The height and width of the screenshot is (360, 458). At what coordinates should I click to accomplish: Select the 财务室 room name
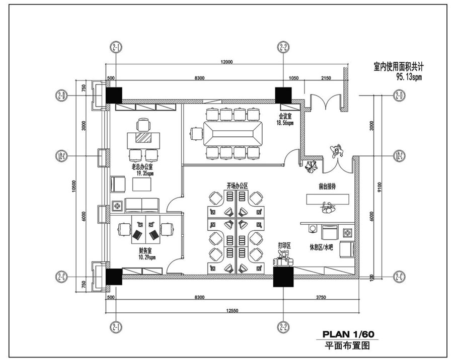146,250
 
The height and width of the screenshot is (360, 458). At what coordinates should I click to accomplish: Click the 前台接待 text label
327,187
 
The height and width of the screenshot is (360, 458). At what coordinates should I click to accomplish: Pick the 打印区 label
285,246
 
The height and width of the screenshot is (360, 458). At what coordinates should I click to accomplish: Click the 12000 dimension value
226,62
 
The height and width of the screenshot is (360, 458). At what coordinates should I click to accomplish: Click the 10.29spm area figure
147,257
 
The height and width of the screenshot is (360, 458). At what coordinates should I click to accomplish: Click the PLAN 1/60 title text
348,334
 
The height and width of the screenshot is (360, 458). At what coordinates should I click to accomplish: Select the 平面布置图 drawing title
348,345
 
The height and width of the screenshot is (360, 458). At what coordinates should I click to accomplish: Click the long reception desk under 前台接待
328,200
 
